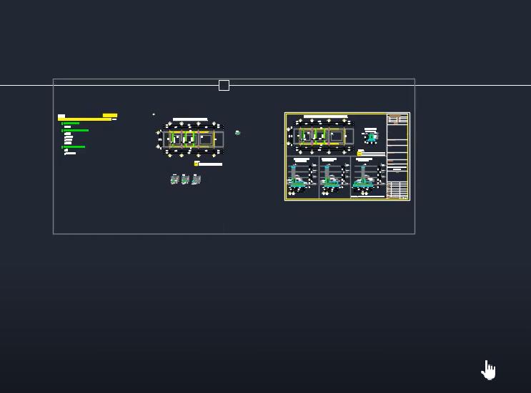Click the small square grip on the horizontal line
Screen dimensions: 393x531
point(224,86)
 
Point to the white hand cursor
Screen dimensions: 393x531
point(489,370)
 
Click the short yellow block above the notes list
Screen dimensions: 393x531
point(110,115)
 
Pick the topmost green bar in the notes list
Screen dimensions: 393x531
point(71,124)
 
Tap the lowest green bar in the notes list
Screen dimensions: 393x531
point(74,146)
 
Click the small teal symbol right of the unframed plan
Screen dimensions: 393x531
point(237,132)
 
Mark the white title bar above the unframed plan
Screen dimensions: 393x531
point(190,119)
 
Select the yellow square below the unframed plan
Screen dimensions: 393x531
point(197,164)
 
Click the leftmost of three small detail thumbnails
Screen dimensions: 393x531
point(174,179)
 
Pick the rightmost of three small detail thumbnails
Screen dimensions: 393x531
point(196,179)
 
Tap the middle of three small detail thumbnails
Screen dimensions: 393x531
point(185,179)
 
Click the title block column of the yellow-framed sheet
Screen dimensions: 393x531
point(397,156)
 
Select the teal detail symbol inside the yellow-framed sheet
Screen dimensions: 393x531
point(370,136)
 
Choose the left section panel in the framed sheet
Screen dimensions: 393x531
point(302,176)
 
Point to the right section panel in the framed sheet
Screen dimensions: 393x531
point(367,176)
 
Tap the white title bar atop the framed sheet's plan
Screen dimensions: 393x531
point(326,116)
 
